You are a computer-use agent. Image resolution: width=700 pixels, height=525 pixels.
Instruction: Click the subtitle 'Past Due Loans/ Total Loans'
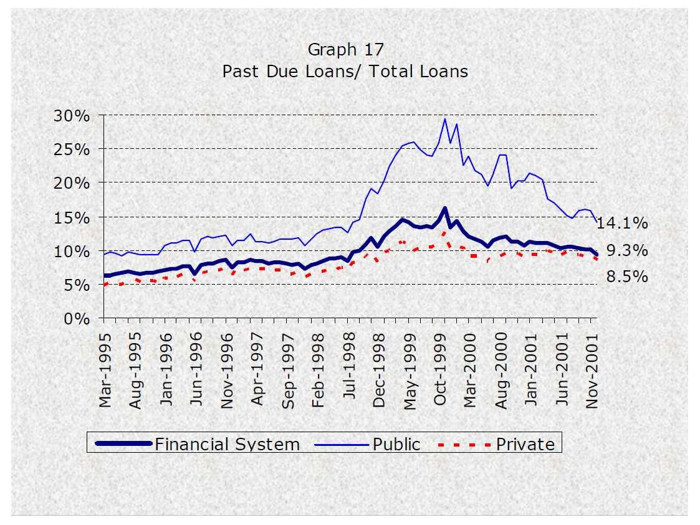(x=345, y=72)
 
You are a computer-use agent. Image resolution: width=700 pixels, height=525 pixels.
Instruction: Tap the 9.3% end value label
(x=627, y=251)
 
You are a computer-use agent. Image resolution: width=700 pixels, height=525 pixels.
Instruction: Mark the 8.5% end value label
(x=627, y=277)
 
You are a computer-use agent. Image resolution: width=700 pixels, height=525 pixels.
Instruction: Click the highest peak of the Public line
(x=444, y=119)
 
